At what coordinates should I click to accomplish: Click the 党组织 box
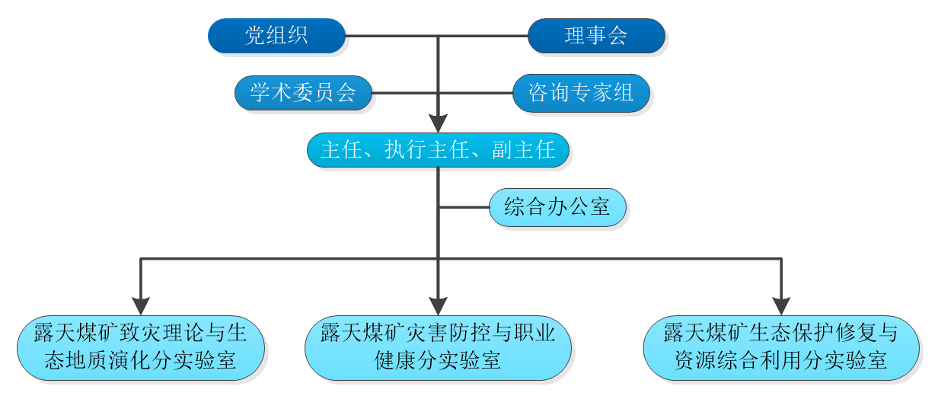pos(276,36)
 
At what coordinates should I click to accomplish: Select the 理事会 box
pos(596,36)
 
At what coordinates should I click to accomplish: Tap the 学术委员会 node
pos(303,93)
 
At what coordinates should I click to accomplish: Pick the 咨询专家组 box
pos(582,93)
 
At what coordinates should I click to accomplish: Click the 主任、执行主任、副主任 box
pos(438,150)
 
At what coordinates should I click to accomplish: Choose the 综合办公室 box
pos(557,207)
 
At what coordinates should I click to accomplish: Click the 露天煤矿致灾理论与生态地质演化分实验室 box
pos(141,348)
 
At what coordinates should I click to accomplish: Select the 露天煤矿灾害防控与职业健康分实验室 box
pos(438,348)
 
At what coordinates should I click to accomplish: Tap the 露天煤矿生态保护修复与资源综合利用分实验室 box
pos(781,348)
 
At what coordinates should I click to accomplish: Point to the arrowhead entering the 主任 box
pos(438,123)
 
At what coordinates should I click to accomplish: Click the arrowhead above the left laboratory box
pos(141,305)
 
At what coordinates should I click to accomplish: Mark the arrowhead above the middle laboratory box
pos(438,305)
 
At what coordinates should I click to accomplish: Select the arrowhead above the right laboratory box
pos(781,305)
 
